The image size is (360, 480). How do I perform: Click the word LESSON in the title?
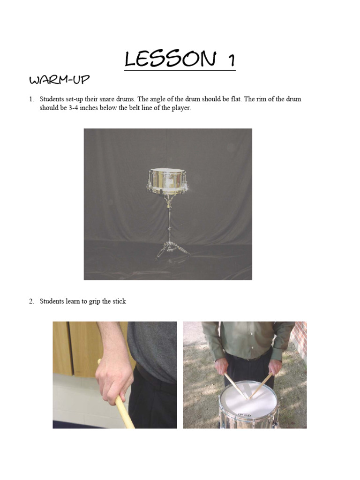click(170, 60)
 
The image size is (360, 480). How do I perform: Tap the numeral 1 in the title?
click(230, 60)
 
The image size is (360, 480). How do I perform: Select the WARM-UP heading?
click(59, 80)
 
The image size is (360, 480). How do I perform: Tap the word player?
click(180, 108)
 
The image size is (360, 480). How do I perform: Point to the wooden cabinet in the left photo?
click(70, 347)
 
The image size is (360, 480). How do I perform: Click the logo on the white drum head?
click(244, 415)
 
